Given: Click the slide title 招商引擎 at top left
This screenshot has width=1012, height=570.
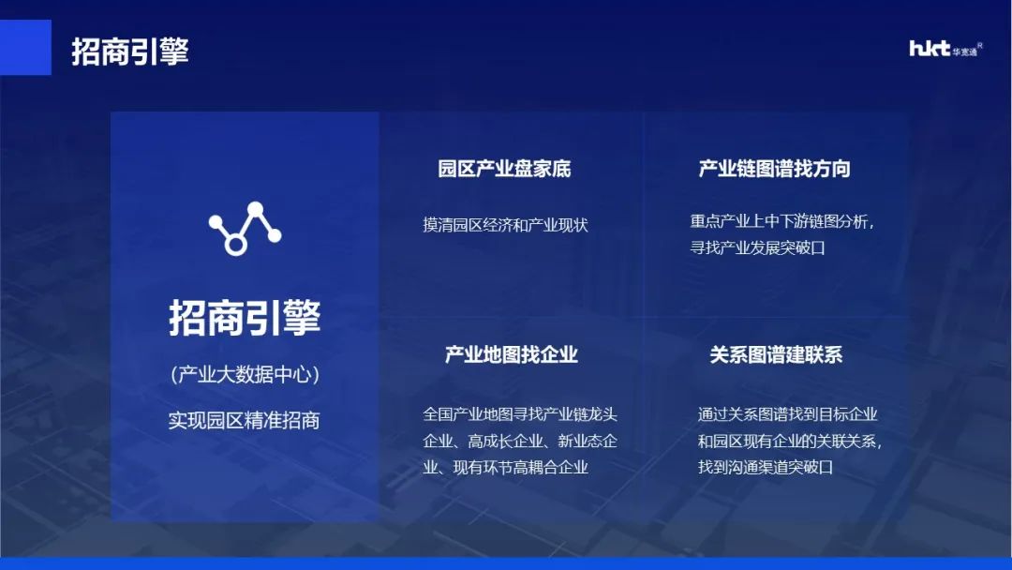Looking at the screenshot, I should click(x=130, y=51).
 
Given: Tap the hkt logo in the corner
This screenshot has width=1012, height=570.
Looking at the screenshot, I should click(x=930, y=49).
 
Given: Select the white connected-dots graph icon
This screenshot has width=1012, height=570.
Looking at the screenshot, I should click(x=245, y=229).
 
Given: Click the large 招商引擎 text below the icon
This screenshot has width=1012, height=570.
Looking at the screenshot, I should click(x=245, y=318).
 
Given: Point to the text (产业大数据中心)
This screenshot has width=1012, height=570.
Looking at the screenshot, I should click(x=245, y=375).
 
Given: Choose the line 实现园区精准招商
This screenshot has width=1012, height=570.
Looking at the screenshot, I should click(x=245, y=420).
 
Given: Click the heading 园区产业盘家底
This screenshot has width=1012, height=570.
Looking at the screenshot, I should click(x=504, y=169).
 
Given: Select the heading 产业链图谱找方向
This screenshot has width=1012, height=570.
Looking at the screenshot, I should click(x=774, y=169).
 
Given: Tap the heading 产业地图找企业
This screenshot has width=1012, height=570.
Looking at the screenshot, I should click(x=511, y=354).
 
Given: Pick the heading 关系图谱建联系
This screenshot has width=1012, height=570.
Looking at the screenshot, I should click(x=776, y=354).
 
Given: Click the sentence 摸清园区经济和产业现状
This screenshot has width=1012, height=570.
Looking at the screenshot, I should click(x=505, y=225).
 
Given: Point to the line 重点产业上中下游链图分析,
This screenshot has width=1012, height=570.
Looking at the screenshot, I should click(x=782, y=222).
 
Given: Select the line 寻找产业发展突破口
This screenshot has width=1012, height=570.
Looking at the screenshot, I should click(x=757, y=248).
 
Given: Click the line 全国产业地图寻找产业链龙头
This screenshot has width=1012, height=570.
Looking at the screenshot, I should click(x=520, y=413).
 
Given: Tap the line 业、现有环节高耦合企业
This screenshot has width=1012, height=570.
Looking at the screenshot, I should click(x=506, y=466).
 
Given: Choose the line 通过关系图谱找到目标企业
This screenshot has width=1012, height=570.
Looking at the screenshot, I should click(x=787, y=413).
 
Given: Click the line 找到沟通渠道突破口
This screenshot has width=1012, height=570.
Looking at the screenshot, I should click(x=766, y=466).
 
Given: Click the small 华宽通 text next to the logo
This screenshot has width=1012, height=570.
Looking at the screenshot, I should click(x=964, y=52).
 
